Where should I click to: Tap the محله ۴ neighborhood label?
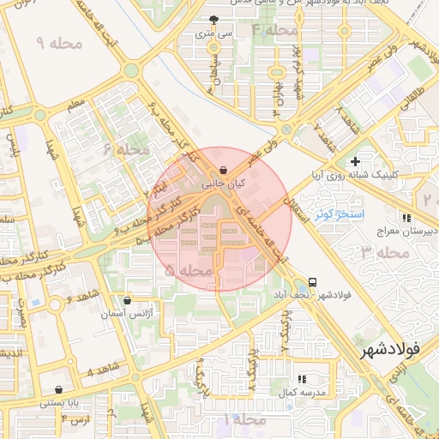tap(274, 31)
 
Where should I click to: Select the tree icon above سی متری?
tap(213, 20)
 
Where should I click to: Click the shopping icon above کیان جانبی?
tap(224, 169)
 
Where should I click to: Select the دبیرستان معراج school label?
tap(407, 232)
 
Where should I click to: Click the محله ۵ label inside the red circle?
tap(188, 270)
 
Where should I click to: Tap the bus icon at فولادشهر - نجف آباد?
tap(311, 281)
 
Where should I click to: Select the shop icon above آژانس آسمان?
tap(128, 301)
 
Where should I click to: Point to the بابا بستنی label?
tap(58, 401)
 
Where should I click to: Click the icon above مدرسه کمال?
tap(301, 378)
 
